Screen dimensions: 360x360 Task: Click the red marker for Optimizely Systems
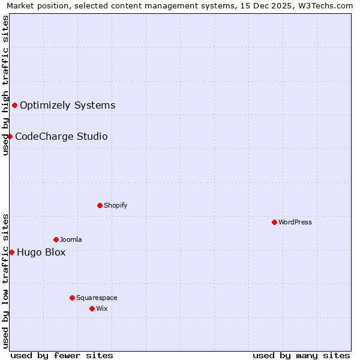(15, 106)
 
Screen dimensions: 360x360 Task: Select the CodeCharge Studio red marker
(10, 137)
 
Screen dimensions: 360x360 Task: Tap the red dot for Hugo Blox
(12, 253)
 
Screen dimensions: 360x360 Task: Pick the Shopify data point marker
(100, 206)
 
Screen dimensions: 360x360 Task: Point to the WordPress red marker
(274, 223)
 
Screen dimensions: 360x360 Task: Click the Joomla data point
(56, 240)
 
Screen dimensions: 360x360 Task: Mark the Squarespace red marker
(72, 298)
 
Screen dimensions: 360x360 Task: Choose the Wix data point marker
(92, 309)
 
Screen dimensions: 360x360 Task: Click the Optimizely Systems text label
(67, 106)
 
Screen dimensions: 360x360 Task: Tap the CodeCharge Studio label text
(61, 137)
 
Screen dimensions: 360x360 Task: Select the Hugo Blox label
(41, 253)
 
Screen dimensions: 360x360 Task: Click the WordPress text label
(295, 223)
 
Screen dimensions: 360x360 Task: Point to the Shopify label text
(115, 206)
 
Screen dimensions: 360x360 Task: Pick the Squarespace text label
(97, 298)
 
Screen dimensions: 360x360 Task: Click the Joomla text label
(71, 240)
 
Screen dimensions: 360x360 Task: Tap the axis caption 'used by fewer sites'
(62, 356)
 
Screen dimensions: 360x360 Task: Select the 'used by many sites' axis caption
(301, 356)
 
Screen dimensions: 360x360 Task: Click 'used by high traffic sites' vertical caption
(5, 85)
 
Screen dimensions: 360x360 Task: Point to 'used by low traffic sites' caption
(5, 281)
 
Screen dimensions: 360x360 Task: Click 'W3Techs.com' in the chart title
(327, 6)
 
